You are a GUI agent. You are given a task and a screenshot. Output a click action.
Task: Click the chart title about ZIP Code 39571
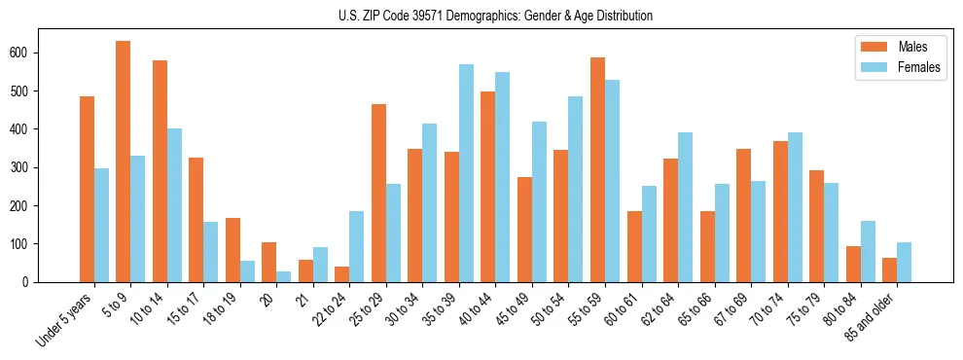481,16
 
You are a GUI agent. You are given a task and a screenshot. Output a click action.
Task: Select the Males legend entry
899,47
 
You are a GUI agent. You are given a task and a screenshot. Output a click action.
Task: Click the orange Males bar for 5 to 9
123,162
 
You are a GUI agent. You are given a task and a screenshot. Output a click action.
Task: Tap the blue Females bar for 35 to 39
466,173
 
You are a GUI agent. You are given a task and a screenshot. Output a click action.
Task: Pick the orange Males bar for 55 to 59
597,169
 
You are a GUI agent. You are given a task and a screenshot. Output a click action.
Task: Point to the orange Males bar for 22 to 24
341,274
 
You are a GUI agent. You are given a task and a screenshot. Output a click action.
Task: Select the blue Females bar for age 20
283,276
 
